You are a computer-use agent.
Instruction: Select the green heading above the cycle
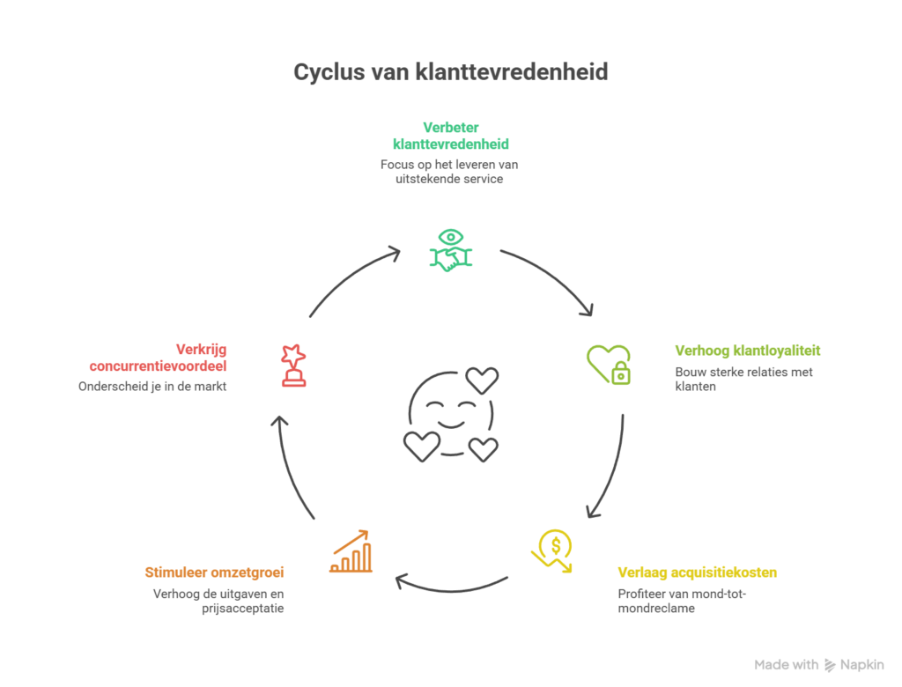point(449,138)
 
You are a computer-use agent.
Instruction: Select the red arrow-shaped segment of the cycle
point(269,432)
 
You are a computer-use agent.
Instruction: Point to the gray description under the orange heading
point(216,605)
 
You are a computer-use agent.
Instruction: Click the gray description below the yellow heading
point(683,604)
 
